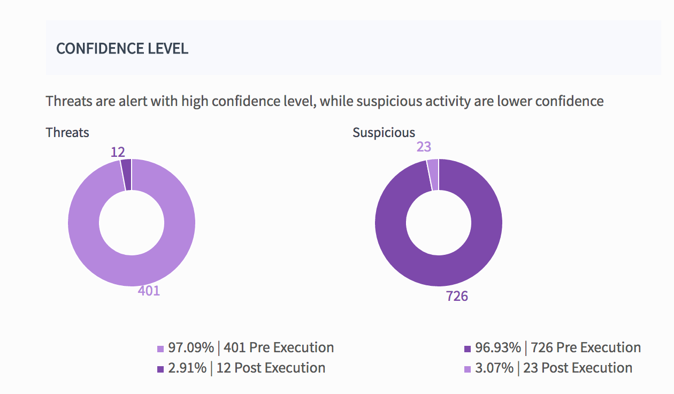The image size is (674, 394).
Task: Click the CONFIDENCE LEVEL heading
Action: (x=122, y=49)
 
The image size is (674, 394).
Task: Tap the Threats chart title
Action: (x=67, y=132)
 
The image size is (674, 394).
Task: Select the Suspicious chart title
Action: (x=384, y=133)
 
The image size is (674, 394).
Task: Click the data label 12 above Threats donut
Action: (x=118, y=152)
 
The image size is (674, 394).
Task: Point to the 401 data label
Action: (x=149, y=291)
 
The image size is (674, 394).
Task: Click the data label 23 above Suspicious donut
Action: (x=424, y=147)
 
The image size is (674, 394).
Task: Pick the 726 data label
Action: (x=457, y=296)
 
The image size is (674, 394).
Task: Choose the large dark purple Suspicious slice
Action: (x=481, y=241)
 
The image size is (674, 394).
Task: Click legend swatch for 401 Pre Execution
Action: (x=160, y=349)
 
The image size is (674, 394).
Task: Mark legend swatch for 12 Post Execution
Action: (x=160, y=369)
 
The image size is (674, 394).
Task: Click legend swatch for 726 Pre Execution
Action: (x=468, y=349)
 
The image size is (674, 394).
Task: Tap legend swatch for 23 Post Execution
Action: (x=468, y=369)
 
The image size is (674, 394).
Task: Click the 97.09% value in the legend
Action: (x=191, y=347)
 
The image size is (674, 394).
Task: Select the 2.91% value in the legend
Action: (x=187, y=368)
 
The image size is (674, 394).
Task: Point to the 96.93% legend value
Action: (x=498, y=347)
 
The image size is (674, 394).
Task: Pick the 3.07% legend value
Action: (x=494, y=368)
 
